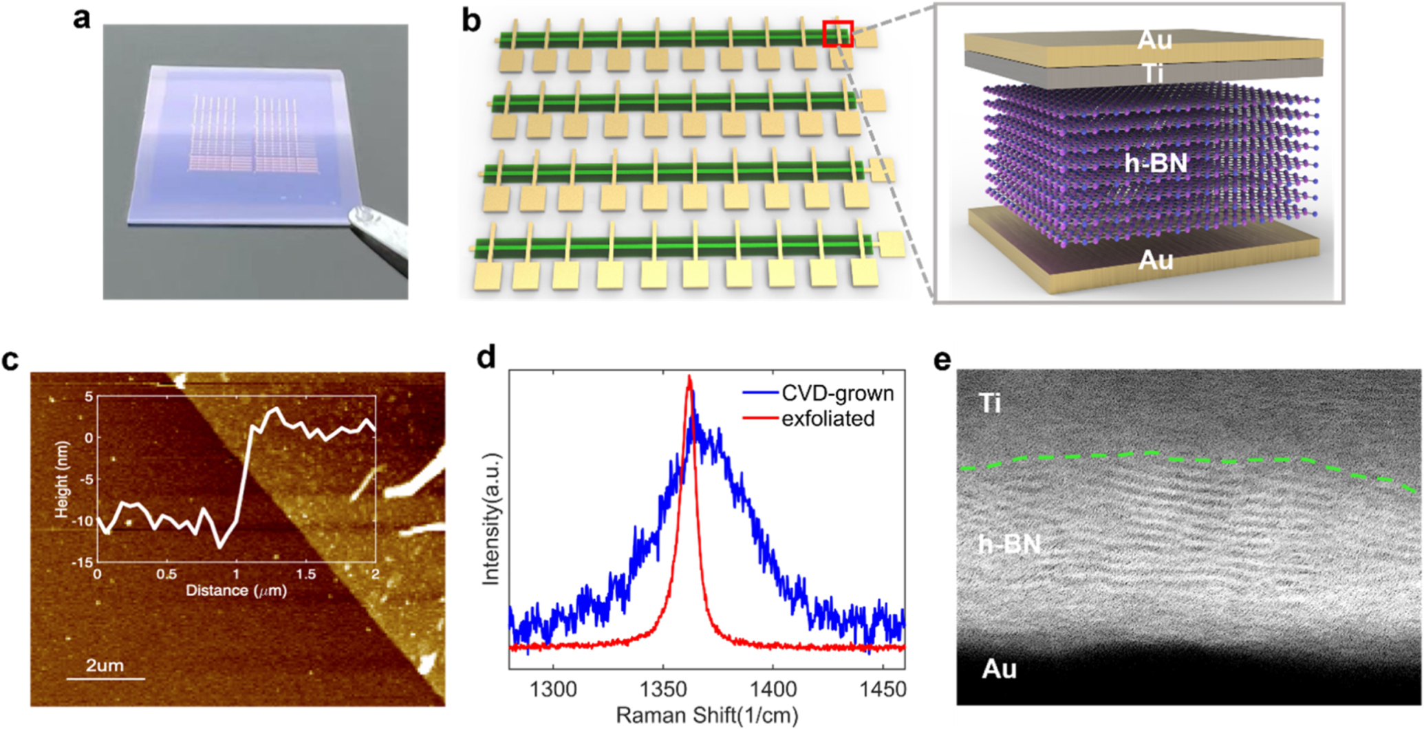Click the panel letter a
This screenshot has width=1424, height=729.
(81, 19)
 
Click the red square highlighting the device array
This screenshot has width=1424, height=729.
(837, 34)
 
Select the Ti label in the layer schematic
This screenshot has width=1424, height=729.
(1154, 72)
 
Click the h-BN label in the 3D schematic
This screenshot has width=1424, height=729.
(1156, 164)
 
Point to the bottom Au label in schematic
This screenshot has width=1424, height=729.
(1155, 260)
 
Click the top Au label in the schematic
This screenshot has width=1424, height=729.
(1154, 40)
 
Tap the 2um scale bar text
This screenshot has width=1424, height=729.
(105, 665)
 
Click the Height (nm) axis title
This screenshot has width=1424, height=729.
(62, 479)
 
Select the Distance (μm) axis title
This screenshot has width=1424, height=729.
(236, 590)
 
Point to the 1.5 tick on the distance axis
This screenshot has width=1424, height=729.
(306, 574)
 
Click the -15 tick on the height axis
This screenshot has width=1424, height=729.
(83, 563)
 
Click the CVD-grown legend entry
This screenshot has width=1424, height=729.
(837, 393)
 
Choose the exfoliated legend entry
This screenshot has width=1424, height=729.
(828, 418)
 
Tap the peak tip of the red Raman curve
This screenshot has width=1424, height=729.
(689, 377)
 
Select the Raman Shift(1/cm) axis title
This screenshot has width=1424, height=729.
(706, 715)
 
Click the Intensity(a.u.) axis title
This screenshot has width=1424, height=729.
(490, 519)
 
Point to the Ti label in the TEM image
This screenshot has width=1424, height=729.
(989, 403)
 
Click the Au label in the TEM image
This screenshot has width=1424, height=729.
(999, 668)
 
